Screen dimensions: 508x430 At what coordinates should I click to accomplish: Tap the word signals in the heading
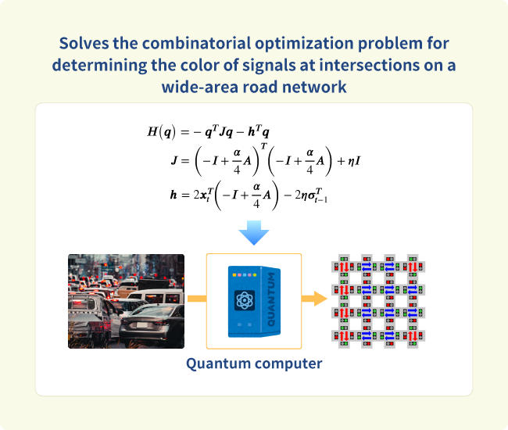coord(270,66)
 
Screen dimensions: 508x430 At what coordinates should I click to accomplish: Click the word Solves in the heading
coord(84,43)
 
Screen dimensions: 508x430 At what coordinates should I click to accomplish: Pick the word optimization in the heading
coord(304,44)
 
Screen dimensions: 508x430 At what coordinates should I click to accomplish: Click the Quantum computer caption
coord(254,364)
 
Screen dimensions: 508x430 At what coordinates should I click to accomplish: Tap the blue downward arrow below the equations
coord(254,233)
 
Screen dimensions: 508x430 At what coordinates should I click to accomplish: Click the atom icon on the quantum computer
coord(245,300)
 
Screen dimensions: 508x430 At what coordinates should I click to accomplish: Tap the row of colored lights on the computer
coord(245,275)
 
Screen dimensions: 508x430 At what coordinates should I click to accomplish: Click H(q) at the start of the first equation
coord(161,132)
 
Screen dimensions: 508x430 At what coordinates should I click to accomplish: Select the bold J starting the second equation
coord(174,160)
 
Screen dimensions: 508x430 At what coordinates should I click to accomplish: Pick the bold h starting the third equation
coord(174,195)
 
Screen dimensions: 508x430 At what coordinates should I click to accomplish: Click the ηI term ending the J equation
coord(354,161)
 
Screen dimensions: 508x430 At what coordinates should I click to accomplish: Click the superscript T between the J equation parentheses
coord(263,146)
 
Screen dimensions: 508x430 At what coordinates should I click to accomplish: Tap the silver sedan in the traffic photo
coord(152,326)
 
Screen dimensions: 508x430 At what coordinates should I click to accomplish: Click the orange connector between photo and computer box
coord(197,299)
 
